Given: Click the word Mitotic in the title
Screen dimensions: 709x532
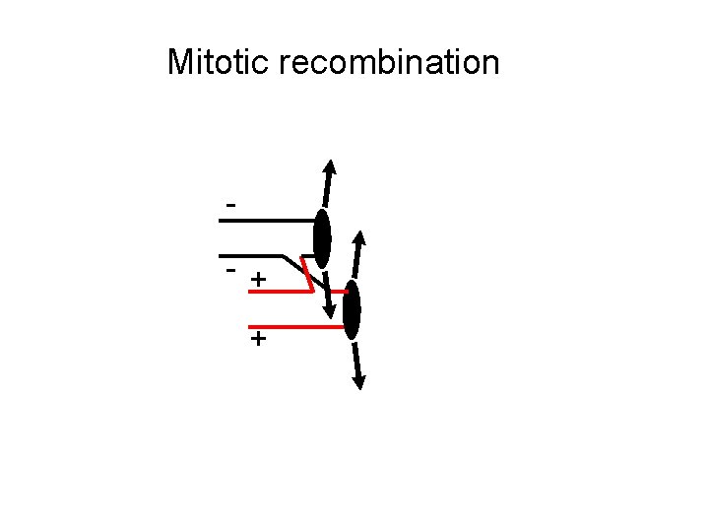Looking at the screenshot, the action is pyautogui.click(x=220, y=62).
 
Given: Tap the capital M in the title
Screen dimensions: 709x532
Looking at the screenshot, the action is pyautogui.click(x=180, y=62).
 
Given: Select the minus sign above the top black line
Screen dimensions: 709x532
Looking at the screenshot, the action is pyautogui.click(x=230, y=205).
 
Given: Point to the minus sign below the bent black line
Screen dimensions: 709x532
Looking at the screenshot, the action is pyautogui.click(x=230, y=268).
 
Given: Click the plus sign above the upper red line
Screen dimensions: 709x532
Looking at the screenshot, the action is pyautogui.click(x=257, y=281).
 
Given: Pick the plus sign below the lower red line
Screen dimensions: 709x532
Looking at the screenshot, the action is pyautogui.click(x=257, y=340).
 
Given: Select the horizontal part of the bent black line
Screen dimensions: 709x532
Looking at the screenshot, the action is pyautogui.click(x=251, y=256).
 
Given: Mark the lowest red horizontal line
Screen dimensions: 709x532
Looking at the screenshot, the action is pyautogui.click(x=295, y=326).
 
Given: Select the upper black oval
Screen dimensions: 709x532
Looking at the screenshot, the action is pyautogui.click(x=322, y=238).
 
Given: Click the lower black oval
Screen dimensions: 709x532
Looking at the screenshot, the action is pyautogui.click(x=352, y=309).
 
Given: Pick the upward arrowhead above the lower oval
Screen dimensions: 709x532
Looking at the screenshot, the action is pyautogui.click(x=361, y=239).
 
